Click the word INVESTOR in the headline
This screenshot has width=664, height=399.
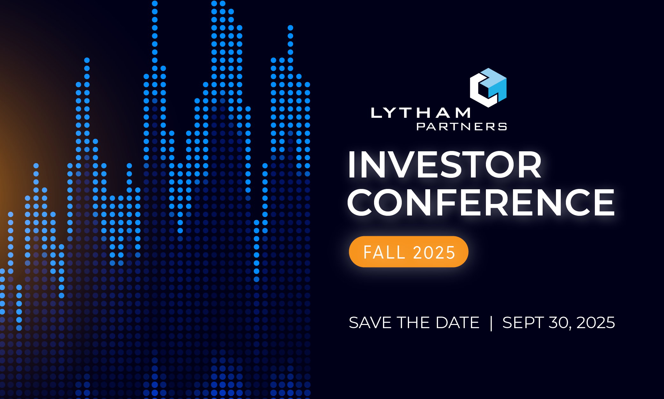[x=445, y=165]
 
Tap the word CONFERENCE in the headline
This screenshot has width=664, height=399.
[x=481, y=202]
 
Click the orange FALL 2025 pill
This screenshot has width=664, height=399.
[x=408, y=252]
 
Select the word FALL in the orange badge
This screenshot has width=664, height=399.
[x=384, y=252]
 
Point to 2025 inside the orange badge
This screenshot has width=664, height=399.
[x=434, y=252]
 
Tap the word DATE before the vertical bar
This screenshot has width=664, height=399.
[x=458, y=322]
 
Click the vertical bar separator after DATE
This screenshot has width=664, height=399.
[x=491, y=323]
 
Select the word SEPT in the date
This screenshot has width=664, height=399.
[x=523, y=322]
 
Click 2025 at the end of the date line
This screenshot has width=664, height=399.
[x=595, y=322]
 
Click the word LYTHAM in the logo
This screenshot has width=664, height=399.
[x=421, y=113]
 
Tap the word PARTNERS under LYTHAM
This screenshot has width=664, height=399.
[x=462, y=127]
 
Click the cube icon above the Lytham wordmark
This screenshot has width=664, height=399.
[x=488, y=88]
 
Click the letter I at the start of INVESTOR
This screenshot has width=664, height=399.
[x=352, y=165]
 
